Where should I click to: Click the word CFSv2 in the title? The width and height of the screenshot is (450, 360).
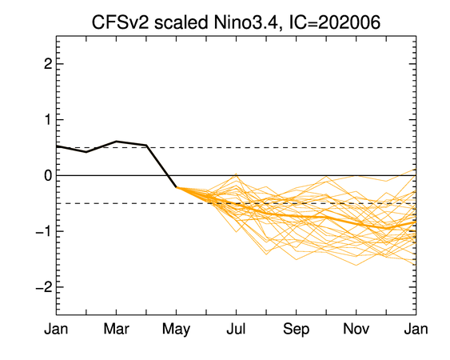coord(120,22)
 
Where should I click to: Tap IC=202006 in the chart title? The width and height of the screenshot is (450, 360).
coord(335,22)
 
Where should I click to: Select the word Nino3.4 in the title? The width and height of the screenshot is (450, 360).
coord(245,22)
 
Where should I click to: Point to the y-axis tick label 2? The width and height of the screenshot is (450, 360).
coord(48,64)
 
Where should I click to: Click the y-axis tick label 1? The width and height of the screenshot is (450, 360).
coord(48,119)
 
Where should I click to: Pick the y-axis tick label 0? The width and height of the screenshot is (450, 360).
coord(48,175)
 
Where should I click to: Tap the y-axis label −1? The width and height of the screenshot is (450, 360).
coord(44,231)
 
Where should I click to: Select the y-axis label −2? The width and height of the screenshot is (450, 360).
coord(44,287)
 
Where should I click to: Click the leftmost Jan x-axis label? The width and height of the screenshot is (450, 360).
coord(56,329)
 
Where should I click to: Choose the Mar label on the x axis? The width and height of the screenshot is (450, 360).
coord(116,329)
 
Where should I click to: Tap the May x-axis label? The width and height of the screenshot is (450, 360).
coord(176,330)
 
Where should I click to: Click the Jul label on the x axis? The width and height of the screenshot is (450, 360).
coord(236,329)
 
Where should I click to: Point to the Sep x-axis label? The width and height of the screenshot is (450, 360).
coord(297,330)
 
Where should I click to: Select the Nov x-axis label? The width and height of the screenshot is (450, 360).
coord(356,329)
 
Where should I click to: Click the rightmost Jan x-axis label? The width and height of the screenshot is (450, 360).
coord(416,329)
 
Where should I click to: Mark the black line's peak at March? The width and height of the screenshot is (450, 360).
coord(116,141)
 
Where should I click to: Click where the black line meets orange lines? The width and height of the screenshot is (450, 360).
coord(176,187)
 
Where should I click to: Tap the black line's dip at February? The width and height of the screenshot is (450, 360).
coord(86,152)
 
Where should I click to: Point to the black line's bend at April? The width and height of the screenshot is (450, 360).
coord(146,145)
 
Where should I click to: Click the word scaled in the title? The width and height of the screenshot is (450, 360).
coord(181,22)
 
